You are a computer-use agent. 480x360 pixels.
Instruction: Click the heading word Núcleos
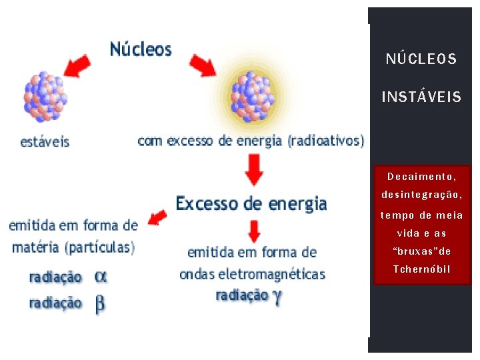coord(141,50)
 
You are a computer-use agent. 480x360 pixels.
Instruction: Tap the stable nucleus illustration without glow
coord(45,97)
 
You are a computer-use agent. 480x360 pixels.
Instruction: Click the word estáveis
coord(45,142)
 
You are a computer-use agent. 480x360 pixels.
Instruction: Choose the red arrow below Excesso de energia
coord(253,231)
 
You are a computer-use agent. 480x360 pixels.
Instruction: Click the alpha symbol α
coord(100,276)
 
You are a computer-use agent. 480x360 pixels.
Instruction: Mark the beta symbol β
coord(100,304)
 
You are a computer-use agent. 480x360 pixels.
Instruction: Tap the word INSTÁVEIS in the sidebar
coord(421,98)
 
